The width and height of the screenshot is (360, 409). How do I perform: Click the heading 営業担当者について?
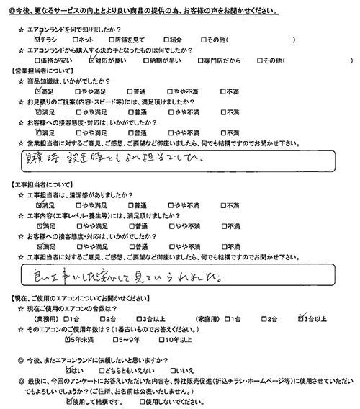click(37, 73)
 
